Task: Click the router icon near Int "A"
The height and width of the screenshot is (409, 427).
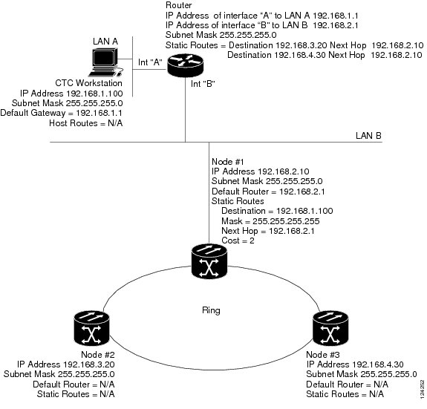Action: (x=185, y=65)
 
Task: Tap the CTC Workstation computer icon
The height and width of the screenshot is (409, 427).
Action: (x=105, y=62)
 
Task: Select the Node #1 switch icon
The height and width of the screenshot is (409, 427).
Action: (x=209, y=261)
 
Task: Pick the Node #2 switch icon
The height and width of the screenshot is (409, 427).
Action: (x=91, y=328)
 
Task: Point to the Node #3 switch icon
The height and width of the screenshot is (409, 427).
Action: (x=330, y=328)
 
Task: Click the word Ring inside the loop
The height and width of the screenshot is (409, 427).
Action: (x=211, y=310)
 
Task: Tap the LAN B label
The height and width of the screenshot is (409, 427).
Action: (x=368, y=136)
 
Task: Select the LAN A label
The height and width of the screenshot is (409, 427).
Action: (x=105, y=42)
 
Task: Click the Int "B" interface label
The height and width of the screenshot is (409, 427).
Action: (x=203, y=84)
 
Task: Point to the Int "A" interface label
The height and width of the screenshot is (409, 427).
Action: (x=150, y=62)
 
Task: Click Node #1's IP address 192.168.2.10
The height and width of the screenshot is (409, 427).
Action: (x=284, y=171)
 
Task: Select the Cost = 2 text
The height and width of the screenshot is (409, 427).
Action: (x=238, y=241)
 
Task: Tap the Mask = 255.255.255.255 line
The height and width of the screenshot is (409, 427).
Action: (x=270, y=221)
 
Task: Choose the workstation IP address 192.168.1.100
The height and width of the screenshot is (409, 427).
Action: (x=94, y=94)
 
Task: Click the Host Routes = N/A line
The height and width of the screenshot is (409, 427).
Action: (x=86, y=123)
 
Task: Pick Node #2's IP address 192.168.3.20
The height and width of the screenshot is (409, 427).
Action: (x=89, y=364)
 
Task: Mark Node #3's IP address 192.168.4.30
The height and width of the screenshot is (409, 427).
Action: (x=378, y=364)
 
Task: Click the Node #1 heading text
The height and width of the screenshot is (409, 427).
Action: (x=228, y=162)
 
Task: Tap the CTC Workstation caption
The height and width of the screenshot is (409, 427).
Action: (x=89, y=83)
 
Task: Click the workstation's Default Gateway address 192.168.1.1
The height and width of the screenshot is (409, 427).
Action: (x=99, y=113)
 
